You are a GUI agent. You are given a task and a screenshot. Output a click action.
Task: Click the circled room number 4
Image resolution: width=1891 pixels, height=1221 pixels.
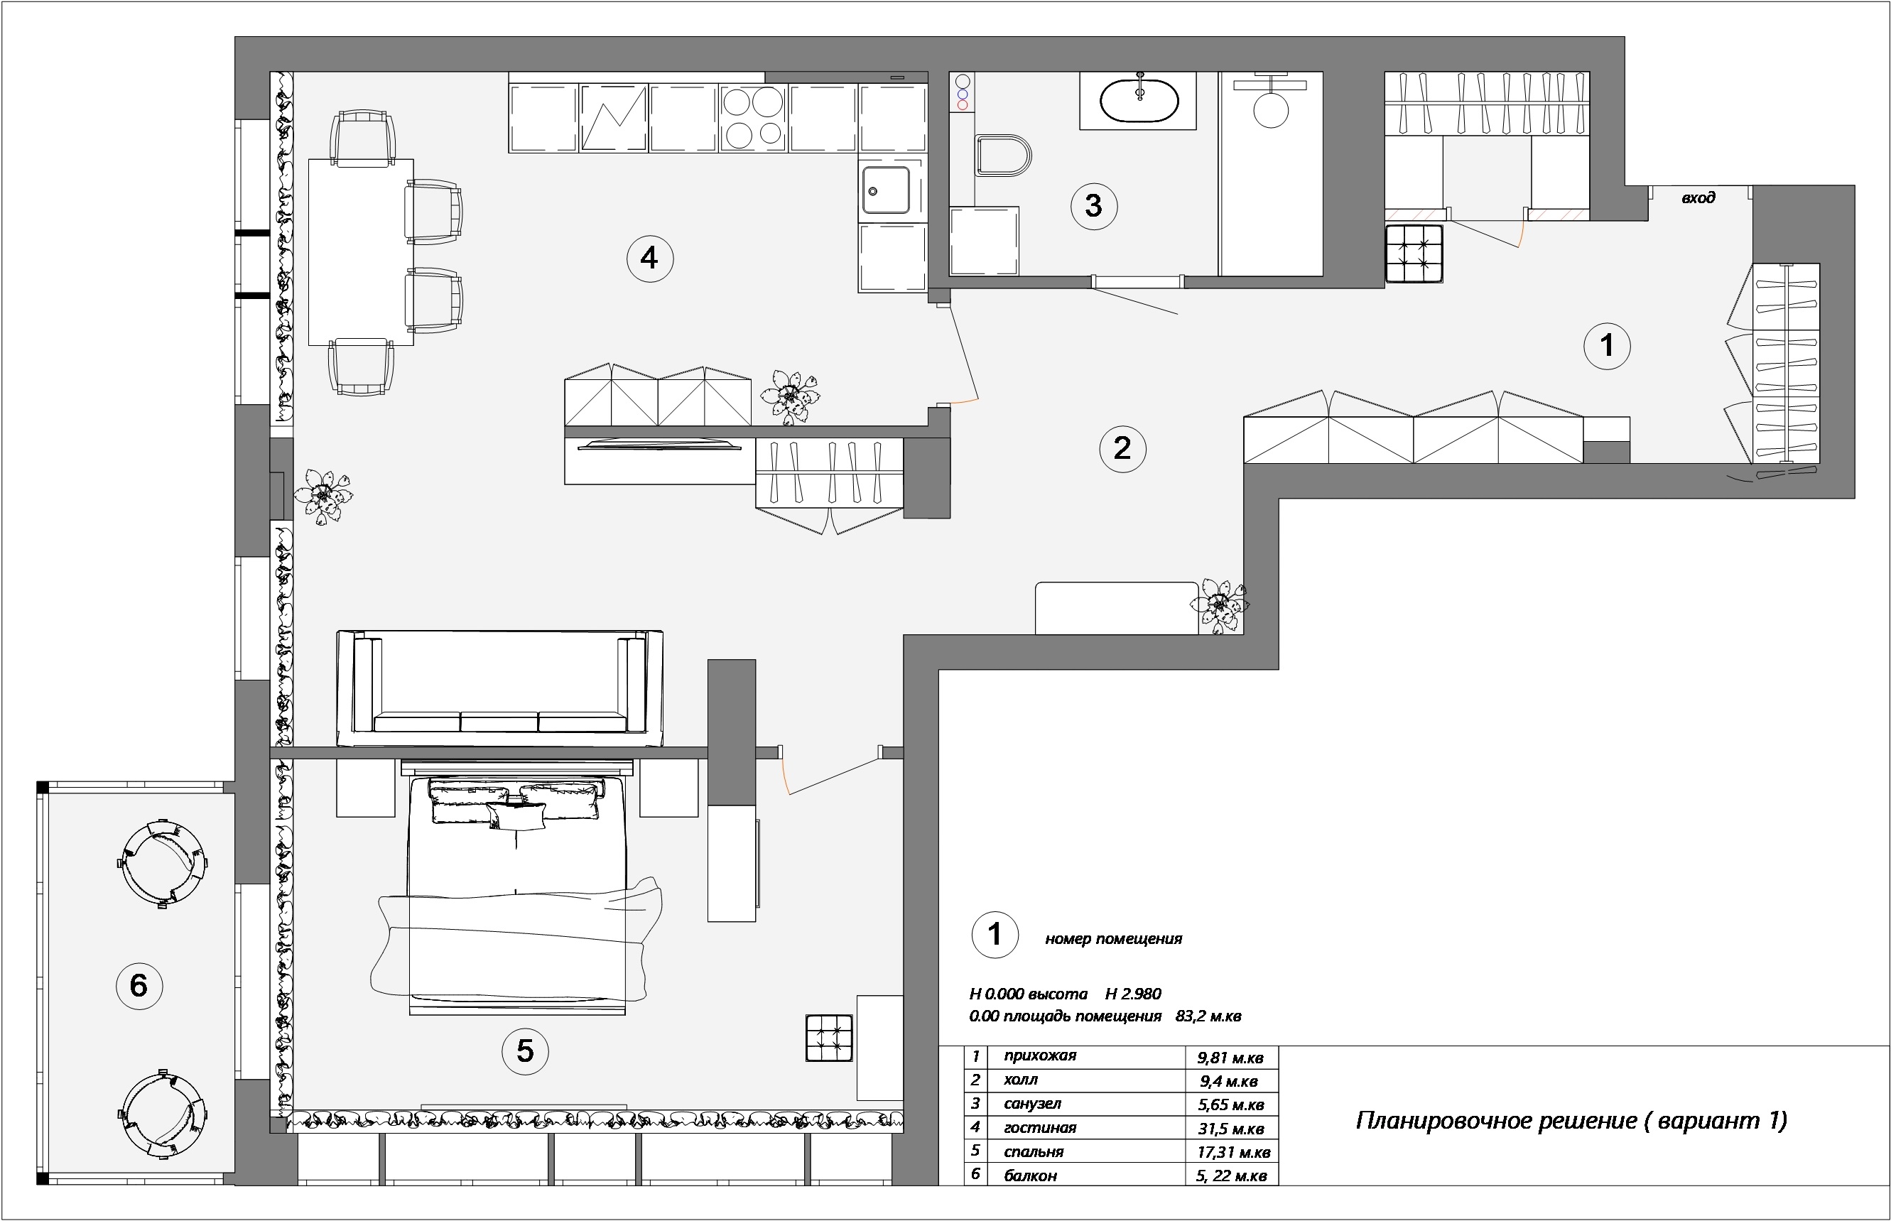click(x=649, y=259)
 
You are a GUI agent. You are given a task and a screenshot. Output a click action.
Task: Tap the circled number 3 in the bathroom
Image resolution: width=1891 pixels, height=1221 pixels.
click(x=1093, y=206)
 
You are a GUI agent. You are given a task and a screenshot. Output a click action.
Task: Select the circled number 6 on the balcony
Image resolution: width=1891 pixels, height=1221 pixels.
click(x=139, y=985)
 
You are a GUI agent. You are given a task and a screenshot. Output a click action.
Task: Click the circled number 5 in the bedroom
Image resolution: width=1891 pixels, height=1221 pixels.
click(x=525, y=1051)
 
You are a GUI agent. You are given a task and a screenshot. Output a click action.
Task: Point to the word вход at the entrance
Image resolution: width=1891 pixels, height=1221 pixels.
click(x=1698, y=197)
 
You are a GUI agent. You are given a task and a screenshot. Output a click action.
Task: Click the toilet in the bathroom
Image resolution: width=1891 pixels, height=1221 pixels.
click(x=1003, y=156)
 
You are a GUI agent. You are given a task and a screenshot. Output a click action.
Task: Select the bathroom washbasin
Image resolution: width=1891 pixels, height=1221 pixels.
click(x=1139, y=100)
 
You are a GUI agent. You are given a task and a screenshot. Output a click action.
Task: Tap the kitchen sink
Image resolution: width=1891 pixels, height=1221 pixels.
click(x=887, y=190)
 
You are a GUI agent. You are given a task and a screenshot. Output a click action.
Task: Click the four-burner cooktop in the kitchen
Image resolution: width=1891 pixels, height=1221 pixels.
click(x=753, y=117)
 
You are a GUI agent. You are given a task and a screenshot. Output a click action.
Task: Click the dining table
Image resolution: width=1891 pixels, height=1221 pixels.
click(x=361, y=252)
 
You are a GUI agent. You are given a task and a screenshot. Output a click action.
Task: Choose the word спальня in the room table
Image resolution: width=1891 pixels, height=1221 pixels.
click(x=1033, y=1151)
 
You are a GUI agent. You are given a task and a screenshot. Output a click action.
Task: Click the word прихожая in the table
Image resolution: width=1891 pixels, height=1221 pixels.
click(x=1039, y=1056)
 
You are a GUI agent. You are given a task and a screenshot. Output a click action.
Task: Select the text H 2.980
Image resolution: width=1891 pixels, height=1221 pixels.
click(x=1133, y=994)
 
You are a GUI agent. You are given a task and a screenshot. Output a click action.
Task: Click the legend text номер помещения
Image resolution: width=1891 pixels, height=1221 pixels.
click(x=1113, y=940)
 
